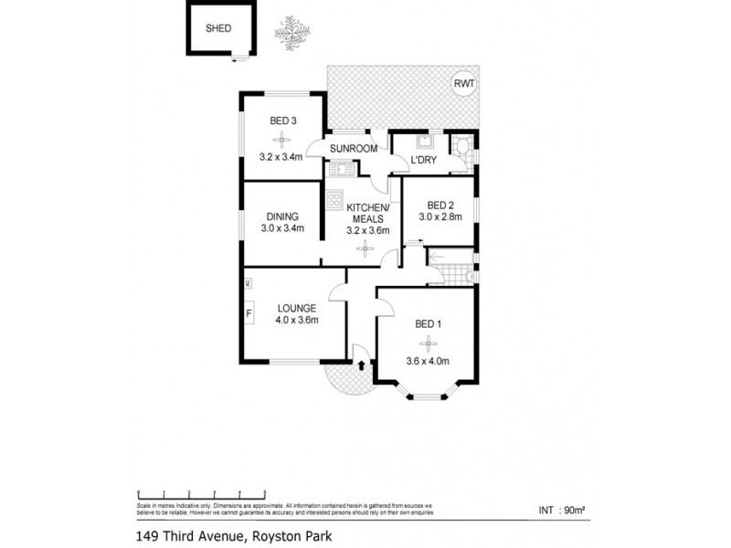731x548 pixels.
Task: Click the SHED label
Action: point(218,28)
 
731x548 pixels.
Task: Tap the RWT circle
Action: point(464,85)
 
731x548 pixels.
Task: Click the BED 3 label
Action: point(282,121)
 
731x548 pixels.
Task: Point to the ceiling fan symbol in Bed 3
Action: point(282,139)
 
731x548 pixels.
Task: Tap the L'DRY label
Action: point(423,161)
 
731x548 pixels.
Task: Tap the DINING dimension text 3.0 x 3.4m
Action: point(282,228)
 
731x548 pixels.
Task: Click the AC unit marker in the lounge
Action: point(248,284)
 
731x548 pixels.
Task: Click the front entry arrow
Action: point(363,365)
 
